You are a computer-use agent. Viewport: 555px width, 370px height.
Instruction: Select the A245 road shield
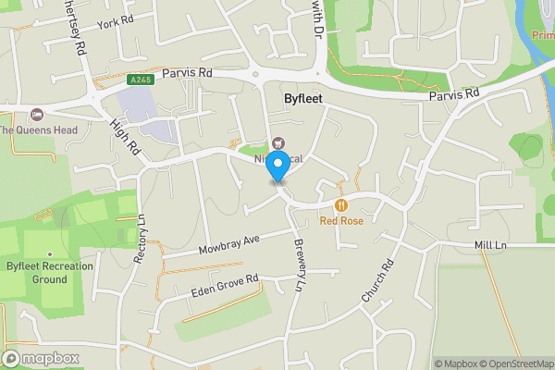tap(141, 80)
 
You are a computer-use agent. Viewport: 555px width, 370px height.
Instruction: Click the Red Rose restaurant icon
tap(341, 204)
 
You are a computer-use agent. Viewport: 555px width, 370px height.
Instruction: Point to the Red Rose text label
tap(341, 221)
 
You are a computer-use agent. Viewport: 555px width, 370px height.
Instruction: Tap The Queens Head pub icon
tap(37, 115)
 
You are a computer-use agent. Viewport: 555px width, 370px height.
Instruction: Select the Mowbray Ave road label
tap(228, 245)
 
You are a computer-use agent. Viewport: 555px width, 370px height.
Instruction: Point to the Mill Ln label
tap(489, 245)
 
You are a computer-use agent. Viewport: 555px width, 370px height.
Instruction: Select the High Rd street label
tap(125, 135)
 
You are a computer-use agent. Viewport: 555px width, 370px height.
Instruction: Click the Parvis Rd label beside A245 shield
tap(188, 73)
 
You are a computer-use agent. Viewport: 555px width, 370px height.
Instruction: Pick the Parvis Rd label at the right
tap(454, 94)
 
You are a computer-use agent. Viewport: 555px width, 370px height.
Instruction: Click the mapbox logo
tap(41, 358)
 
